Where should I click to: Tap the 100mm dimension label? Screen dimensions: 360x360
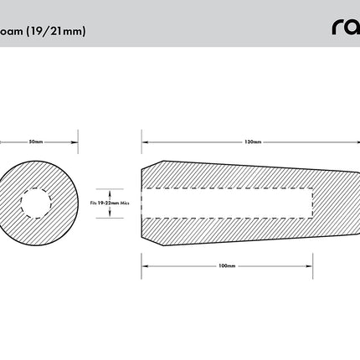coord(225,265)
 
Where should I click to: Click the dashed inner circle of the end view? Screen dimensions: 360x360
coord(37,203)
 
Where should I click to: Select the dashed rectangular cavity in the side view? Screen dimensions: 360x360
coord(226,203)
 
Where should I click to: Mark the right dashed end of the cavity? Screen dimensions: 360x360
coord(313,203)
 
